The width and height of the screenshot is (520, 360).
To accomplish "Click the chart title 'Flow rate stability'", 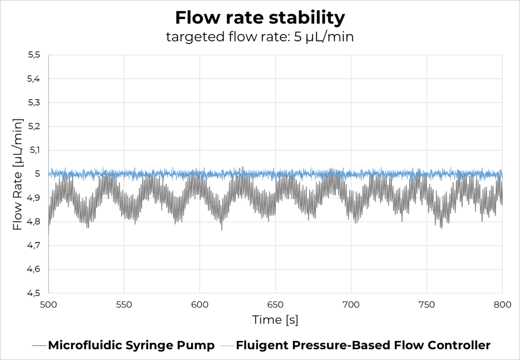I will (260, 18).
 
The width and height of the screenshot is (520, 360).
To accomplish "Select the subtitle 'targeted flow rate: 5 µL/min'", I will (260, 37).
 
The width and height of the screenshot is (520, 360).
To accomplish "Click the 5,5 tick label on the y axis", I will (33, 55).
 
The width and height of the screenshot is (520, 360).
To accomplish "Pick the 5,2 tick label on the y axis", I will (33, 126).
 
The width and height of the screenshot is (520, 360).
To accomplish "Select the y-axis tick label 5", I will (37, 174).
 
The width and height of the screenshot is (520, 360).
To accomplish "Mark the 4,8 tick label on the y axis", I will (33, 222).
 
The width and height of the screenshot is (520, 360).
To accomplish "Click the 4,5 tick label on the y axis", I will (33, 293).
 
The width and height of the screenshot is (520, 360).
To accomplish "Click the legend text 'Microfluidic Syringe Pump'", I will (131, 345).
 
